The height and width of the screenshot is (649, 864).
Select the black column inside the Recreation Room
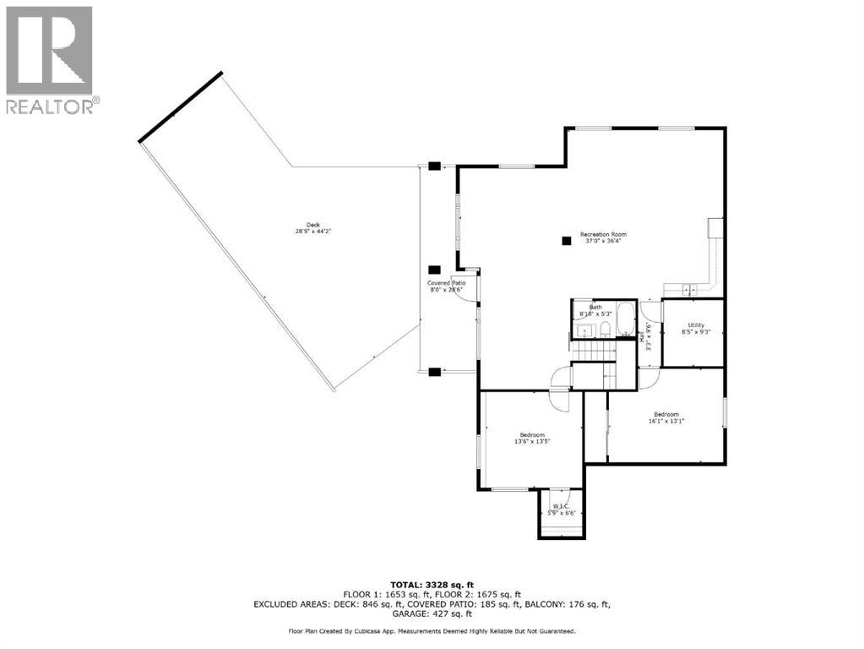(565, 241)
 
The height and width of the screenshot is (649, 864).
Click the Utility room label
(695, 329)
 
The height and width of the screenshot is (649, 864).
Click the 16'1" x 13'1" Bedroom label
(665, 417)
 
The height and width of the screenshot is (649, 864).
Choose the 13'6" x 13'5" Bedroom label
(532, 438)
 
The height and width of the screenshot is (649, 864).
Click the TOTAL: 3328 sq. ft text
(432, 585)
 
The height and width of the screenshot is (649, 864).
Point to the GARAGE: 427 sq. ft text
(432, 614)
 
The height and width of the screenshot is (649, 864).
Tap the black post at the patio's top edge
(433, 166)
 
